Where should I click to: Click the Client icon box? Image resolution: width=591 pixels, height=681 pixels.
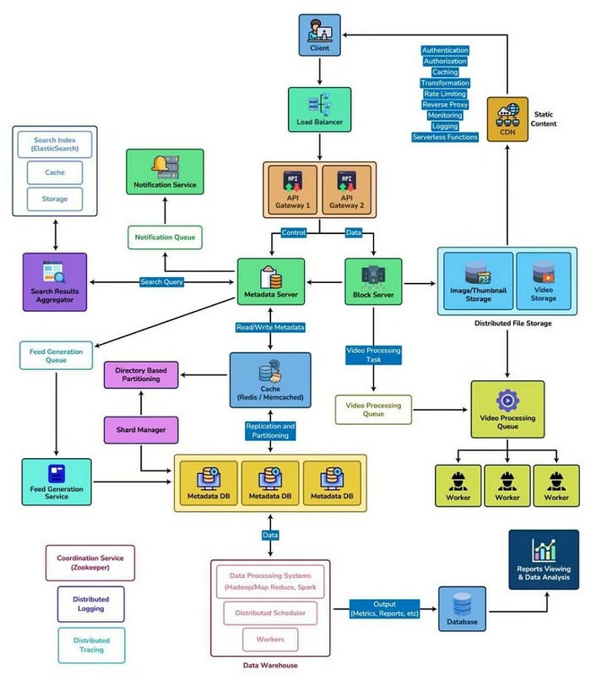point(320,35)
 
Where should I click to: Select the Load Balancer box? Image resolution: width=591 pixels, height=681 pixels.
point(320,110)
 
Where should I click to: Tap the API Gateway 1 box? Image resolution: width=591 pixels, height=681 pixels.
point(292,191)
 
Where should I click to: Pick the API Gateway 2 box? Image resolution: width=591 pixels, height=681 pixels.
point(346,191)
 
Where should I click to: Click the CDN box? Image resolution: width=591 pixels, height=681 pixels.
point(507,119)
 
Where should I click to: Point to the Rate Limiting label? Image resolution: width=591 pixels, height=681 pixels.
point(444,94)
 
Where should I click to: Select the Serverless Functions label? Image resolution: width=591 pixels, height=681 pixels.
point(444,137)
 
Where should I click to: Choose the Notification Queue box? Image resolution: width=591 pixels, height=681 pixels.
point(165,237)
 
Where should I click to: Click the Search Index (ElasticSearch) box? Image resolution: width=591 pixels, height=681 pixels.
point(55,144)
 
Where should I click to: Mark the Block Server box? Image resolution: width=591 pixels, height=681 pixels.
point(373,282)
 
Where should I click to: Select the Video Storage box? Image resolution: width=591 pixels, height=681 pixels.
point(543,282)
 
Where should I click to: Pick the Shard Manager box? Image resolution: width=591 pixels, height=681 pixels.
point(141,430)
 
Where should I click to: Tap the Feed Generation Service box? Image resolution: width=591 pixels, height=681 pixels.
point(57,482)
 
